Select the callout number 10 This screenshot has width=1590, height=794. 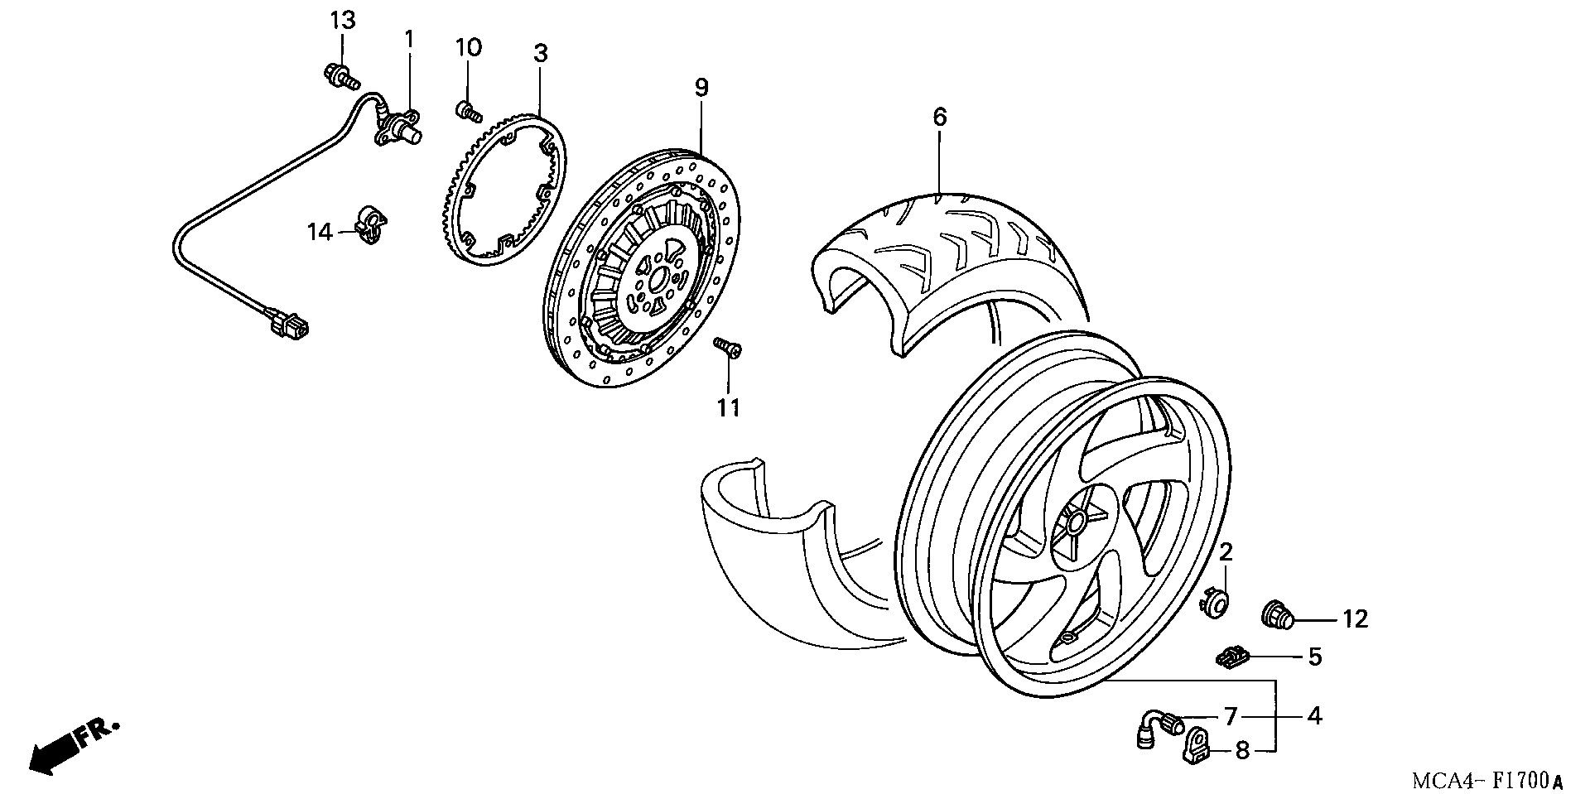(x=468, y=48)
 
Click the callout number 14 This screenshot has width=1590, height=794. (x=320, y=233)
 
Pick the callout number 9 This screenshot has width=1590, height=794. (x=701, y=88)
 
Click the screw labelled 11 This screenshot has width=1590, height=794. (x=728, y=348)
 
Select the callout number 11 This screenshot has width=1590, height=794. (x=728, y=407)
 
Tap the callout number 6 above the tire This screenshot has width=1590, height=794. (x=939, y=118)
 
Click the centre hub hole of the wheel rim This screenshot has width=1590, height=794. (x=1076, y=521)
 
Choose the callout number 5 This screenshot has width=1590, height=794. (x=1315, y=657)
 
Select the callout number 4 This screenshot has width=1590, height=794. (x=1315, y=715)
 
